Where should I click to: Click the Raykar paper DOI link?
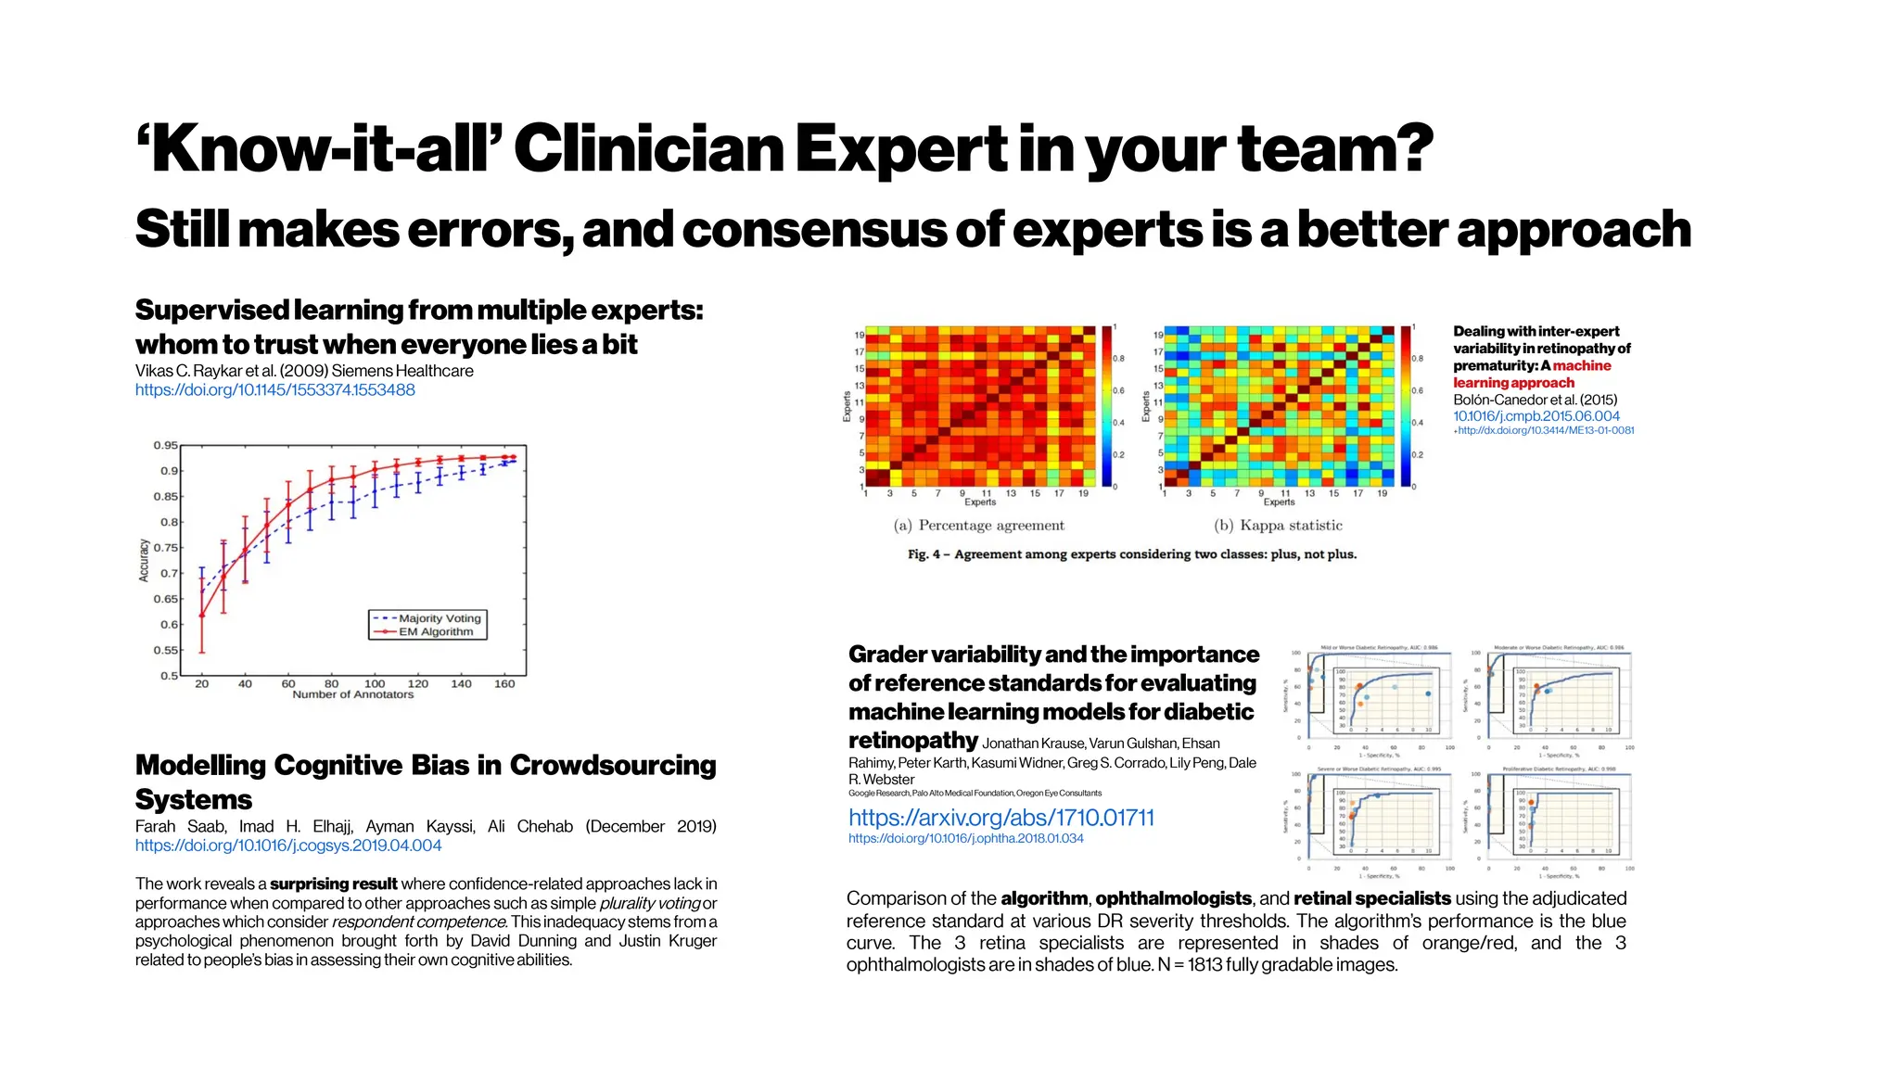(274, 390)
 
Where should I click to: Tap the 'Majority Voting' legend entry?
(440, 618)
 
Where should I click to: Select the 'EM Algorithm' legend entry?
(436, 632)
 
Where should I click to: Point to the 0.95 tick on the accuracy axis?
(165, 446)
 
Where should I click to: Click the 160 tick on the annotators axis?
(504, 684)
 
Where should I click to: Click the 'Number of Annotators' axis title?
(352, 694)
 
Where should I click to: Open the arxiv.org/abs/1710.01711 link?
(1000, 818)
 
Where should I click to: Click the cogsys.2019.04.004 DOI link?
(287, 845)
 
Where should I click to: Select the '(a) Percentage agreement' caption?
(978, 526)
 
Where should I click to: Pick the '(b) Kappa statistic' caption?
(1278, 526)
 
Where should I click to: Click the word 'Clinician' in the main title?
(648, 149)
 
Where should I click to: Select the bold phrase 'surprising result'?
(333, 884)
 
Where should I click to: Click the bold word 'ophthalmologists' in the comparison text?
(1173, 898)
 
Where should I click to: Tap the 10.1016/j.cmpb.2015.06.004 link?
(1536, 417)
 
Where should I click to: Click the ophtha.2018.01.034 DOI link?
(965, 839)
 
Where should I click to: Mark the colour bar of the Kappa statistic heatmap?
(1406, 406)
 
